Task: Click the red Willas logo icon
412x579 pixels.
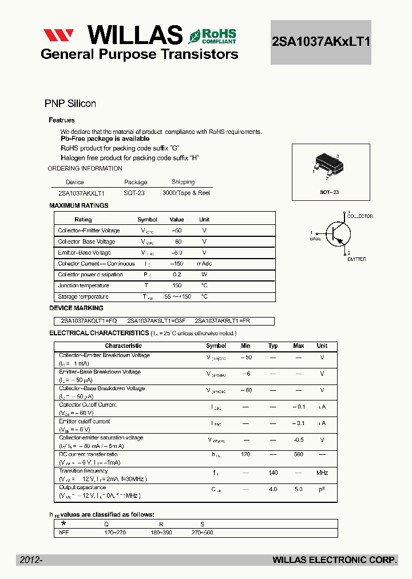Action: point(58,35)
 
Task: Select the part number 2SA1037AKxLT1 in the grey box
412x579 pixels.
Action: point(320,42)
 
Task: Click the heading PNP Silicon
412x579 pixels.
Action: point(70,104)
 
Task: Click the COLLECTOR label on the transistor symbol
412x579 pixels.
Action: point(360,216)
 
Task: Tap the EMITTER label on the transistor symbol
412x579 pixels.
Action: point(356,259)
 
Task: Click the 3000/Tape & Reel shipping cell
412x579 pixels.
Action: point(186,193)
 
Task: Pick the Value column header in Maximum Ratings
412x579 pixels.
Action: point(177,220)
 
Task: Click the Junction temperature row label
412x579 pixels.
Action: point(83,285)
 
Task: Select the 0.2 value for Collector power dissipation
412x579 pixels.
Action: point(177,275)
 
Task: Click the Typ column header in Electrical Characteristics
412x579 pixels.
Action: point(273,346)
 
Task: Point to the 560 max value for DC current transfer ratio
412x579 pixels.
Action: point(298,454)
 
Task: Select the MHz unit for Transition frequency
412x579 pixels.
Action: point(322,473)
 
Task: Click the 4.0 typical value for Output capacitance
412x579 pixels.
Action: point(273,489)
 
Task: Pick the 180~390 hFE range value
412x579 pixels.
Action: point(161,533)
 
